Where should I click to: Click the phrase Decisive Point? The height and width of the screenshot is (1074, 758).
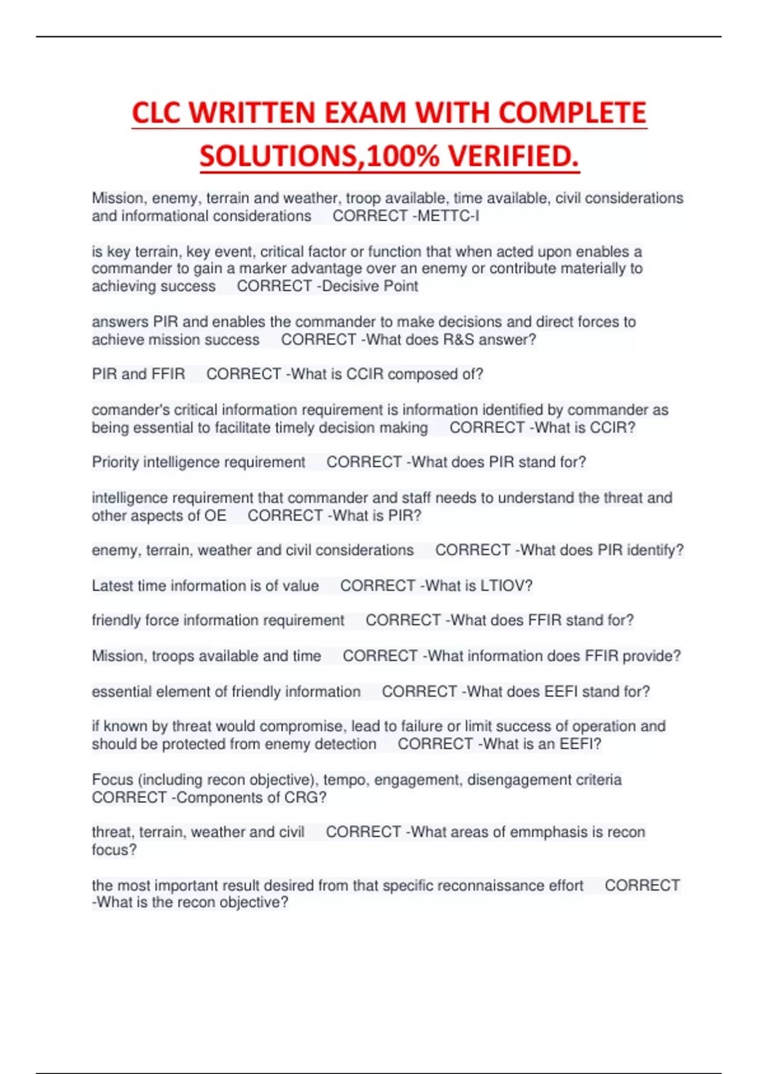tap(370, 286)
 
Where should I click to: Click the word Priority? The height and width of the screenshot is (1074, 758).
tap(115, 462)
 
